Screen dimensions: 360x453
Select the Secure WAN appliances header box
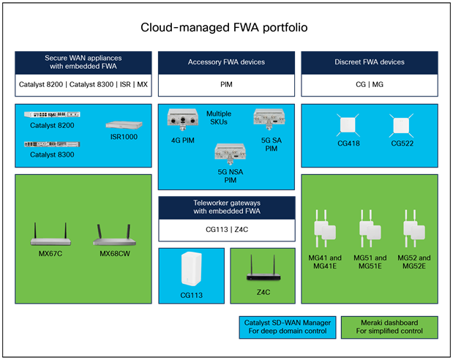[x=83, y=62]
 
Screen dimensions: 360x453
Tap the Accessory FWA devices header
[x=225, y=62]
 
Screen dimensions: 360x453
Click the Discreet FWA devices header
[x=370, y=62]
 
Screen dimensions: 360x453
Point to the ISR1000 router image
[x=121, y=125]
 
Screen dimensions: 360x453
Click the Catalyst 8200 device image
[x=48, y=115]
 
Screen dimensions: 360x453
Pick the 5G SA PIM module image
[x=269, y=117]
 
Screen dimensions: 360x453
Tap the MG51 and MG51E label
[x=369, y=262]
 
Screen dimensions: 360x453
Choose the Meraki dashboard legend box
[x=389, y=326]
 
